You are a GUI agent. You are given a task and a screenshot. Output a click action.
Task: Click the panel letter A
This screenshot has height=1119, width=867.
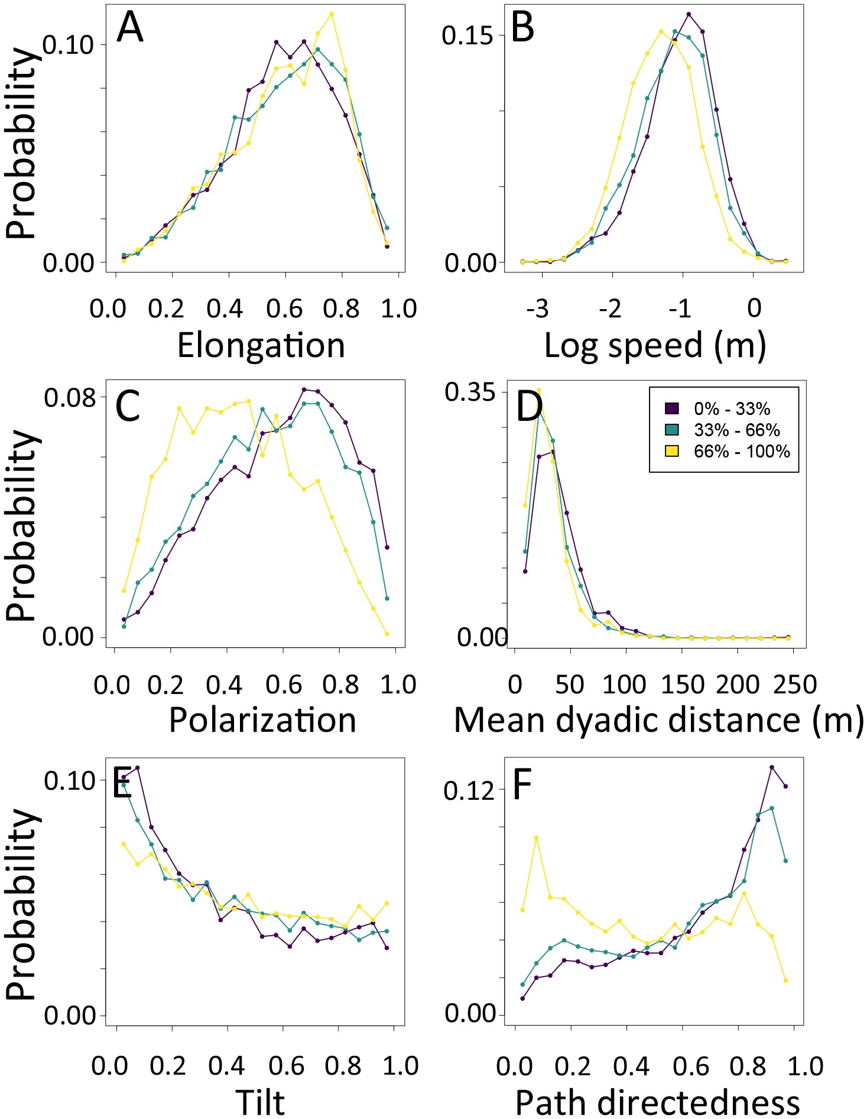tap(130, 28)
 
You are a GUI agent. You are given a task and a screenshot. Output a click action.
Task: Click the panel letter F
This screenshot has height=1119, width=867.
tap(522, 786)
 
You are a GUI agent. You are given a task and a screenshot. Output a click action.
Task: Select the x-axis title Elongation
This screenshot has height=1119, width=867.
tap(261, 346)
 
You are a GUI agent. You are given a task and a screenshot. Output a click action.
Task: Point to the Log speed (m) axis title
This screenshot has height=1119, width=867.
tap(655, 346)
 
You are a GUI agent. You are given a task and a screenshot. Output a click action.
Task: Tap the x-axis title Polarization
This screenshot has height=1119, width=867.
tap(262, 720)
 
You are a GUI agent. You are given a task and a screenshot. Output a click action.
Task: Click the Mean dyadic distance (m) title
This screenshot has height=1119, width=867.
tap(658, 720)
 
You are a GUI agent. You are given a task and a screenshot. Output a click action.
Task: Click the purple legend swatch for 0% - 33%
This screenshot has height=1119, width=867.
tap(672, 408)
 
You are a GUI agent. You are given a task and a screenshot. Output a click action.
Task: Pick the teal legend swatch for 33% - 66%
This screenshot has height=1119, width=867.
tap(672, 430)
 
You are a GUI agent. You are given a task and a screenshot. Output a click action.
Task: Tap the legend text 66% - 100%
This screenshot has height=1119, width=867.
tap(742, 452)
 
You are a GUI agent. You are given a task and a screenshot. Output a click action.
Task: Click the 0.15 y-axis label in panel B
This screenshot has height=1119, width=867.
tap(467, 35)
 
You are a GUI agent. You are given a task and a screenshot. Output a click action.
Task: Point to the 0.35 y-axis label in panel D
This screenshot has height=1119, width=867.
tap(469, 392)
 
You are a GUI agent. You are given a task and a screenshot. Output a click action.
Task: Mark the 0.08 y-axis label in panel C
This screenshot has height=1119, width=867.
tap(70, 397)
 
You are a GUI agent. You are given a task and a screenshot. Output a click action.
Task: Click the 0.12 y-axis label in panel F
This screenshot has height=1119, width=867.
tap(469, 790)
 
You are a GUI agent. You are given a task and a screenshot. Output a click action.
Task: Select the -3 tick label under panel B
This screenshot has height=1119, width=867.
tap(537, 308)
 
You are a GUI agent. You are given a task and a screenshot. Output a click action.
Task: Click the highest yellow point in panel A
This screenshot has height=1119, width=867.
tap(332, 14)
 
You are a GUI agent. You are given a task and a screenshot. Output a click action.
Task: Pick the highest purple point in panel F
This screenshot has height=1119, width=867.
tap(772, 767)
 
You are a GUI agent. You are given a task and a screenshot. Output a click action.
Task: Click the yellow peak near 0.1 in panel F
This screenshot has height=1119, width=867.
tap(537, 838)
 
